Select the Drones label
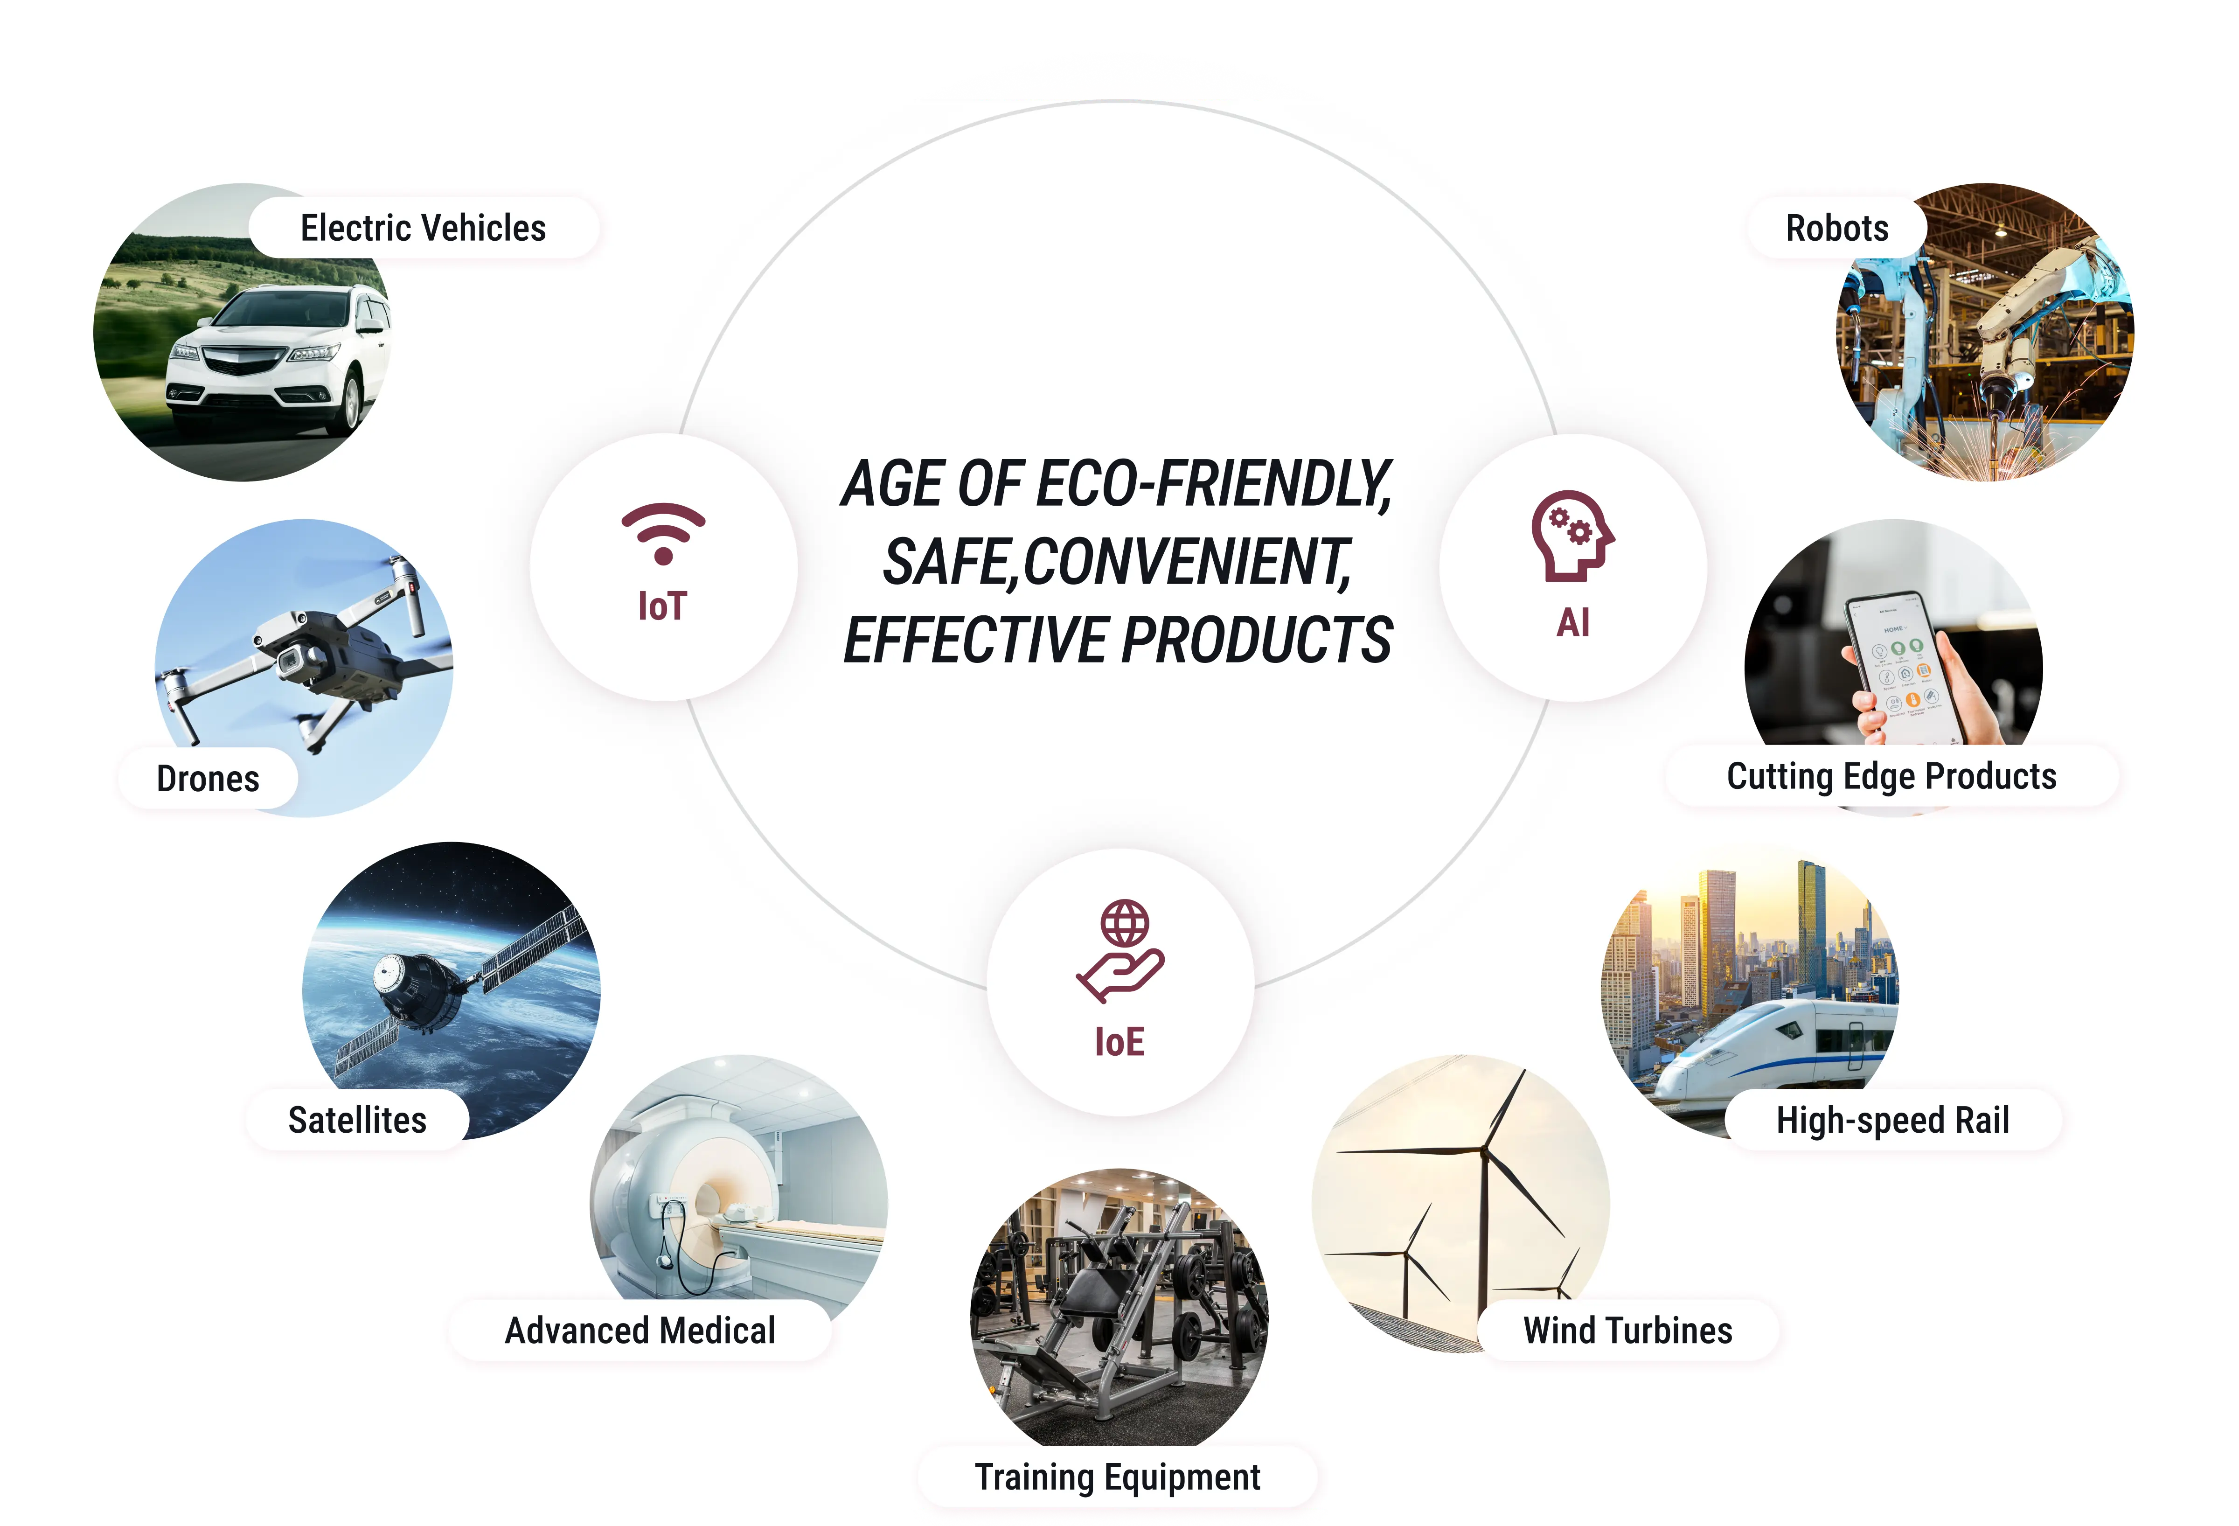click(x=208, y=779)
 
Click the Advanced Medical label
click(x=640, y=1331)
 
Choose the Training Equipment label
click(x=1118, y=1477)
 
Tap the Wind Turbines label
click(x=1627, y=1331)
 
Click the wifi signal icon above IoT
click(x=663, y=533)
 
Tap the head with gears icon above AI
click(x=1572, y=537)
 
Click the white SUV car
click(x=275, y=356)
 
